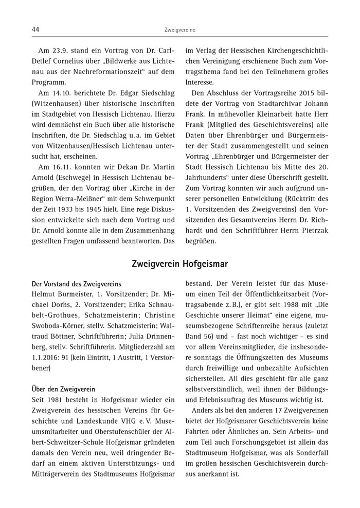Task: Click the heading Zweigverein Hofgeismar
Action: (x=179, y=264)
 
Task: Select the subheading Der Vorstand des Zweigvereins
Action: (x=76, y=283)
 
